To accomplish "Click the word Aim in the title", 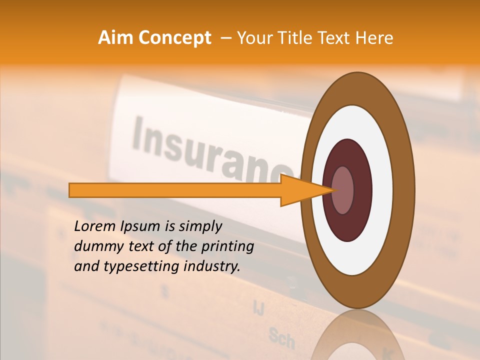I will [116, 38].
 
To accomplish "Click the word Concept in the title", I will [174, 38].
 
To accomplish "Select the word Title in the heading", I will [297, 38].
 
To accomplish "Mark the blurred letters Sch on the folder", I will [281, 338].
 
